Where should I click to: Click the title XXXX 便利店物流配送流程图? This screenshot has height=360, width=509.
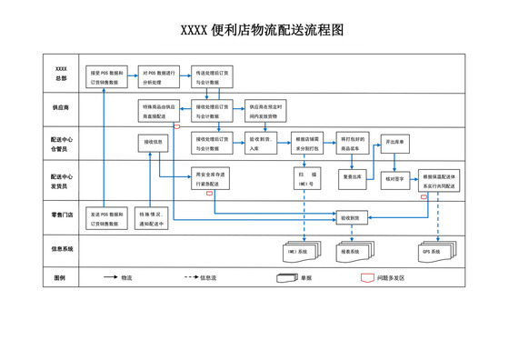tap(254, 30)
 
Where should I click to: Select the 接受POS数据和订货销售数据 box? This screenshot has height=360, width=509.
tap(106, 75)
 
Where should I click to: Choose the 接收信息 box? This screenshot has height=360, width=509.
tap(153, 142)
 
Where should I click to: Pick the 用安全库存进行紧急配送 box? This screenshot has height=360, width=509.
tap(213, 177)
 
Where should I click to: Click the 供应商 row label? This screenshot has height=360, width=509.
tap(61, 107)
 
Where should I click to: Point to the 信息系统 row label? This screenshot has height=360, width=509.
tap(61, 247)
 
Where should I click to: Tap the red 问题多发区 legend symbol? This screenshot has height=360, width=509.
tap(364, 277)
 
